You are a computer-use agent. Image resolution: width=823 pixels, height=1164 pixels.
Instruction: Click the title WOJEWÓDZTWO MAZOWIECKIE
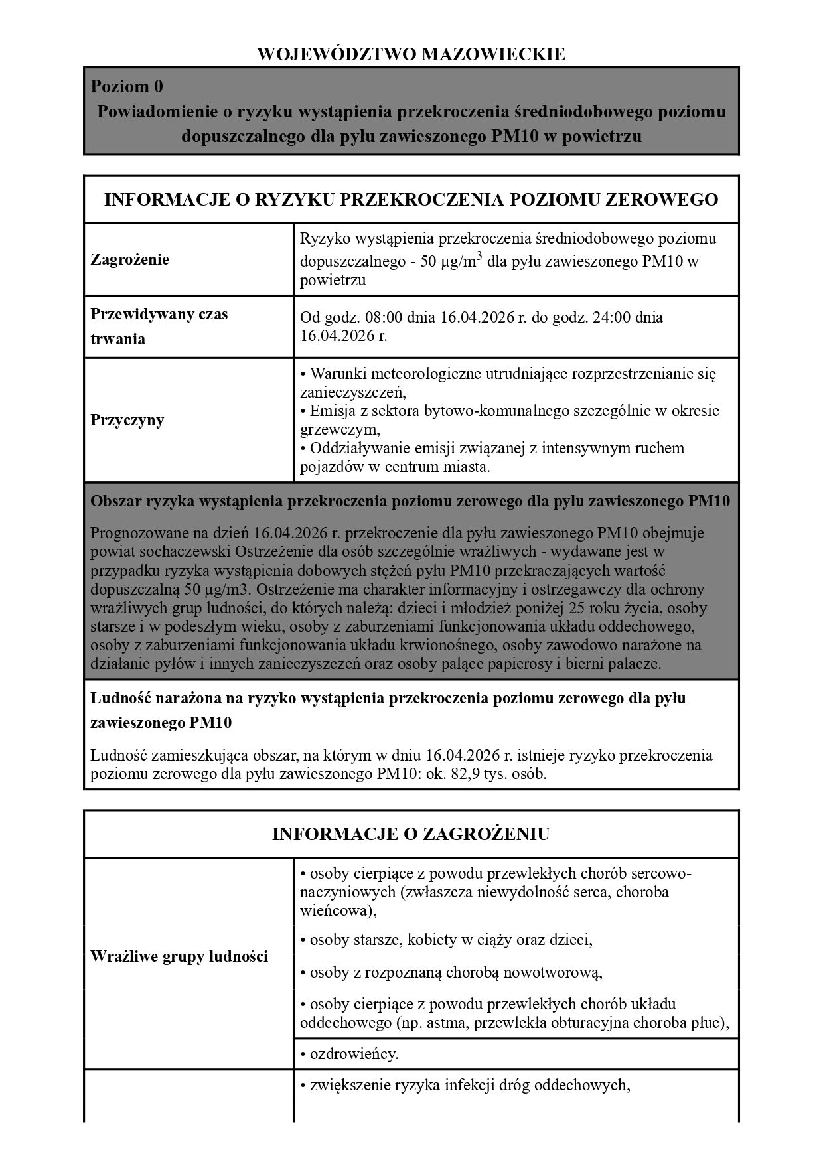click(x=411, y=54)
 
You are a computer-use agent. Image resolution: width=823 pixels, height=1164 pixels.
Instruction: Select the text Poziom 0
click(x=127, y=87)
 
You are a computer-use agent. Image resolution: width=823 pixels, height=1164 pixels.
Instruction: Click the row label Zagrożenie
click(x=130, y=259)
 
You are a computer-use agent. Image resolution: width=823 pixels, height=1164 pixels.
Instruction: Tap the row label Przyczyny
click(x=127, y=420)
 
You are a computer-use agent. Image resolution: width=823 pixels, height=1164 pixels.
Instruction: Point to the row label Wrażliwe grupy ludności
click(x=179, y=956)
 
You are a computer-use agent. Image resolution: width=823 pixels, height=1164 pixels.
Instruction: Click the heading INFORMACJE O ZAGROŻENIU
click(x=411, y=834)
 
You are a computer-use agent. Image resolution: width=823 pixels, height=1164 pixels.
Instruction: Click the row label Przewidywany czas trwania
click(x=159, y=327)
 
